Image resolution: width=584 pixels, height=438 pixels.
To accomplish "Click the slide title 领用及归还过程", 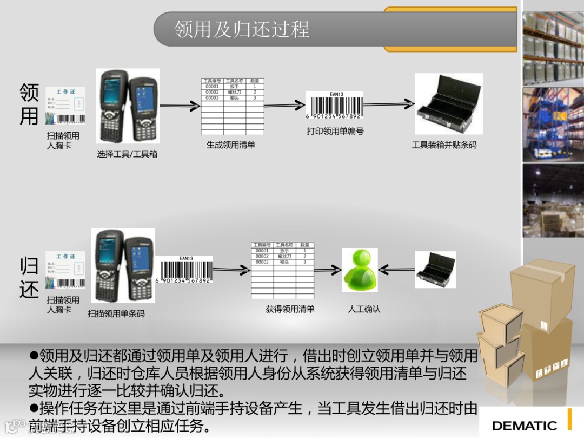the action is [242, 29].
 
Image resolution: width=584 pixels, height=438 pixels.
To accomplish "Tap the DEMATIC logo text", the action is [524, 426].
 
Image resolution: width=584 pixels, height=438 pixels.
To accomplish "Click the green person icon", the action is [360, 270].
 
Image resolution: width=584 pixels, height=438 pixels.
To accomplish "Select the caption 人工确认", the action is [364, 309].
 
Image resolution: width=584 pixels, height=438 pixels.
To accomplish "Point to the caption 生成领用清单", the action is [230, 145].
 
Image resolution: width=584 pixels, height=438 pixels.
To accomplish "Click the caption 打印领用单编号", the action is [335, 131].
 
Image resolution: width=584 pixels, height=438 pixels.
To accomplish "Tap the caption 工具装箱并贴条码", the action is [444, 145].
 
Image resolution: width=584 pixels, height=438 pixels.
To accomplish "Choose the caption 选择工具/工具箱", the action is [127, 154].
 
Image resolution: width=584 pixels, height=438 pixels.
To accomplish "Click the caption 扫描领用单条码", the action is [116, 313].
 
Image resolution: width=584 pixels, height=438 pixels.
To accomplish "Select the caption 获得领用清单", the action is [290, 309].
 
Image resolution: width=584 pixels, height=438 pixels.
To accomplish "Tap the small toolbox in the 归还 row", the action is [435, 270].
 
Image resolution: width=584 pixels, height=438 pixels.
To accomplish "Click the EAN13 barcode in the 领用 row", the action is [335, 106].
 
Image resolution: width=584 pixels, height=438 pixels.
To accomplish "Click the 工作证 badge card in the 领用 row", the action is [65, 106].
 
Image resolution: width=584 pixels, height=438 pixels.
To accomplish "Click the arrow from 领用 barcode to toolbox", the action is [389, 104].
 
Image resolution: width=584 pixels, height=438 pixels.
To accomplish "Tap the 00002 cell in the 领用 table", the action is [212, 92].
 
